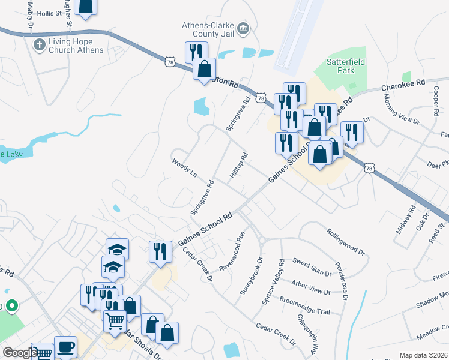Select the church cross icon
point(40,44)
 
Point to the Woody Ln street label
point(184,168)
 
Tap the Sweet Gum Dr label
point(312,268)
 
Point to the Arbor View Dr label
point(310,287)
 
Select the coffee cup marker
point(65,346)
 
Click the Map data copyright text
point(423,355)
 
